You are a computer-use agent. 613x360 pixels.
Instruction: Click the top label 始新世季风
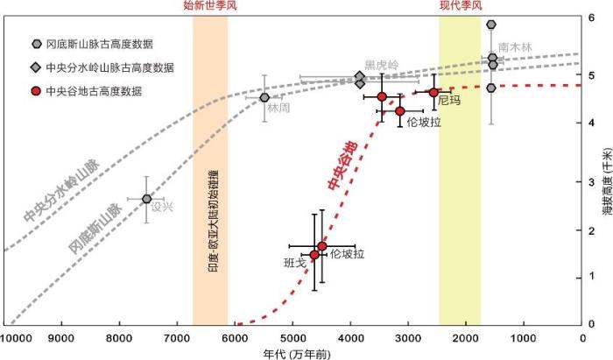pos(209,7)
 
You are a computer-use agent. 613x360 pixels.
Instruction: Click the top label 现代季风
pos(460,7)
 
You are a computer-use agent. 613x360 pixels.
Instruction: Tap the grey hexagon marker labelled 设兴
pos(147,200)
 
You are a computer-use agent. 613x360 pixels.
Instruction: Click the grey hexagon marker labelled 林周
pos(264,97)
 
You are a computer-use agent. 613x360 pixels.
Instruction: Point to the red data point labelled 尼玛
pos(433,92)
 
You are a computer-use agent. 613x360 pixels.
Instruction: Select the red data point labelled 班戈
pos(315,255)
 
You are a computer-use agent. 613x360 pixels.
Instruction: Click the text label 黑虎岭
pos(381,65)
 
